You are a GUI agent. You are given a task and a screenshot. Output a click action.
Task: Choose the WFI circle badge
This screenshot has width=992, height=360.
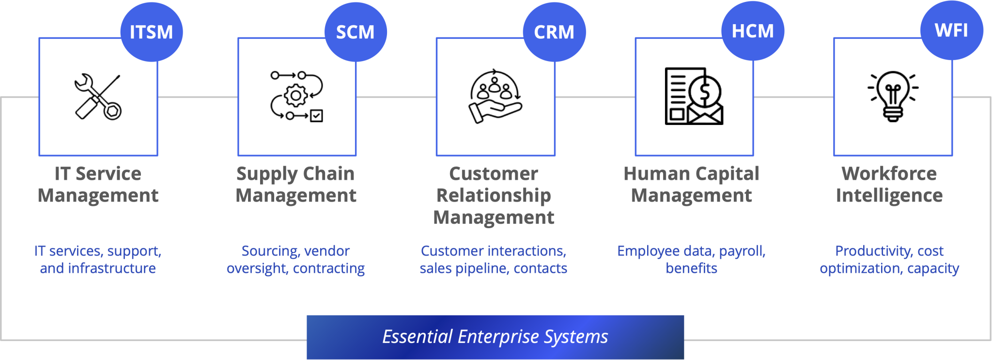[951, 30]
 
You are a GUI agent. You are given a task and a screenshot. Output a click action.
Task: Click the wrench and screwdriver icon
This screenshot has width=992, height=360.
[98, 96]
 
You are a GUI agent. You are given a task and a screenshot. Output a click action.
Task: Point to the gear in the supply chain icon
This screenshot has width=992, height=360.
[296, 95]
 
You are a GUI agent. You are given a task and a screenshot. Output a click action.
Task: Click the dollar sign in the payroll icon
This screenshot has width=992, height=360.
[705, 91]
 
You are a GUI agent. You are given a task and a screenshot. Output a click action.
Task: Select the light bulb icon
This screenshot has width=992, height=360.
[893, 96]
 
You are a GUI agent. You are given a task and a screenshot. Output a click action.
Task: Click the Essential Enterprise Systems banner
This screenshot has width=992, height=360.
[495, 337]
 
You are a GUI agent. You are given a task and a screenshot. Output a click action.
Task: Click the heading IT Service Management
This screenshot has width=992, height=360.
[98, 185]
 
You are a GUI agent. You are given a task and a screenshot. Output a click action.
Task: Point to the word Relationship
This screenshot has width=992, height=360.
[494, 196]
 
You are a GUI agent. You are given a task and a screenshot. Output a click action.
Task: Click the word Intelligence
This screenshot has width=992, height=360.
[889, 196]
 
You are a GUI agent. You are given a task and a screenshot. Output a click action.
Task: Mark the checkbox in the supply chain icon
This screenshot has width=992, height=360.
[316, 116]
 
